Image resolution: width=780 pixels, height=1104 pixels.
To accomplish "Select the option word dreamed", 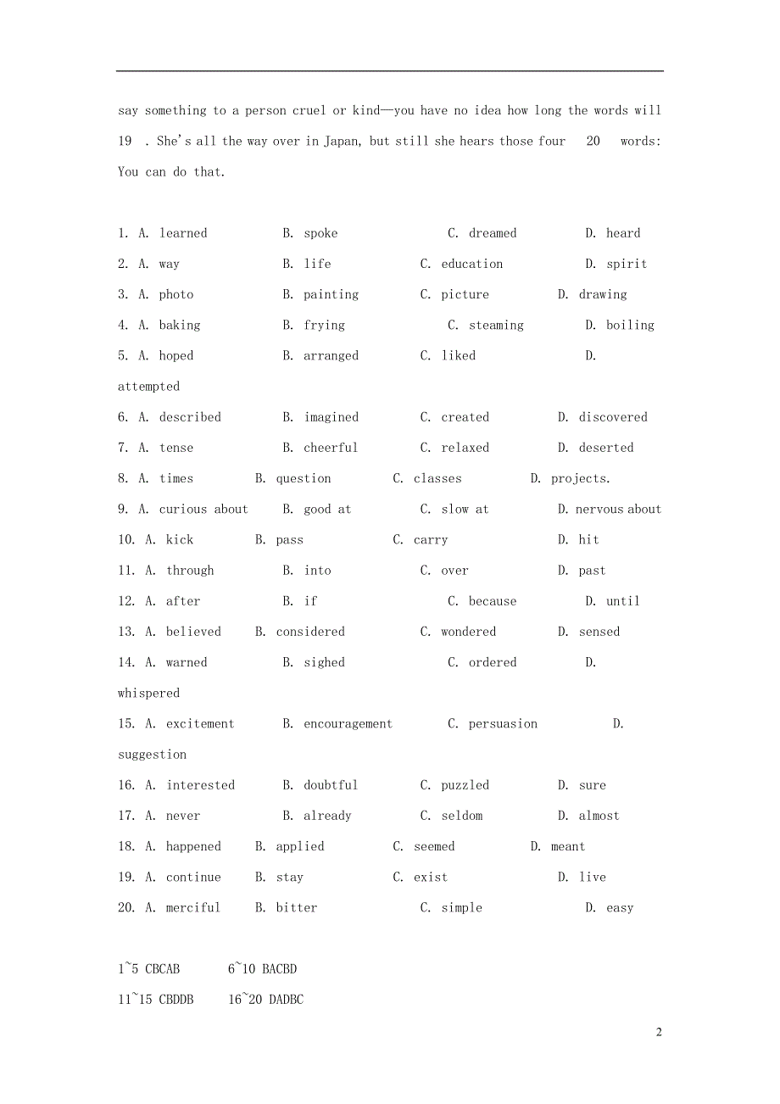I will pos(493,233).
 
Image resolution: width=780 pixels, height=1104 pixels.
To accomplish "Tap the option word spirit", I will pos(627,264).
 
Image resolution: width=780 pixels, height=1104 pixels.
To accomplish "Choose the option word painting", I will pos(331,294).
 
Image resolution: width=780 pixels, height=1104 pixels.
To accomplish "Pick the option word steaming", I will pos(496,325).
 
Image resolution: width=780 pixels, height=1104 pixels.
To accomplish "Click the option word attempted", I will pos(148,387).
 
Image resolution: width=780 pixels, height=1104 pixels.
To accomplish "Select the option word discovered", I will pos(613,417).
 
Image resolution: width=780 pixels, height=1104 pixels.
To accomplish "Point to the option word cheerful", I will pos(331,448).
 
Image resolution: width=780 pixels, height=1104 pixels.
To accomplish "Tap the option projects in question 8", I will pos(580,478).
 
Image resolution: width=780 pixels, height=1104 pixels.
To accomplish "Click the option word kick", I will pos(180,539).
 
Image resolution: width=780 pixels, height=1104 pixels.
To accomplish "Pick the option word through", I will pos(190,571).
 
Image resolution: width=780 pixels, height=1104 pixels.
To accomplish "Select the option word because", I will pos(493,601).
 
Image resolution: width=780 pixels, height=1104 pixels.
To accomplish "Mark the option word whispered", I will pos(148,693).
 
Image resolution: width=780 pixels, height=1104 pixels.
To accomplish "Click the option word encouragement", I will pos(348,723).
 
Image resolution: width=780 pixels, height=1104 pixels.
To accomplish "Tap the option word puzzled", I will pos(465,785).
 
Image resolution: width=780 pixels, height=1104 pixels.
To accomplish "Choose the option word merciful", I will pos(193,907).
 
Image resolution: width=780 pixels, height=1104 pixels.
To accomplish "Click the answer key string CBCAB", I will pos(163,968).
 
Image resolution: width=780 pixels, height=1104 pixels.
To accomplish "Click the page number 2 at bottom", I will pos(658,1032).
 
